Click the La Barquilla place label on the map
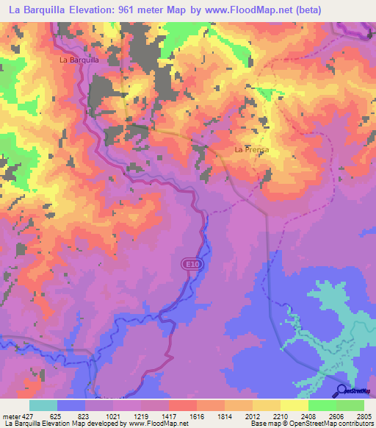pos(79,60)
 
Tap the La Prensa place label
pos(251,149)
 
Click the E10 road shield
pos(190,263)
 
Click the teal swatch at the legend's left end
pos(43,405)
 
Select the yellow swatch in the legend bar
pos(294,405)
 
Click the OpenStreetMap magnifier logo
pos(341,390)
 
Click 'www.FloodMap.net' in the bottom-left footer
pos(157,424)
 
